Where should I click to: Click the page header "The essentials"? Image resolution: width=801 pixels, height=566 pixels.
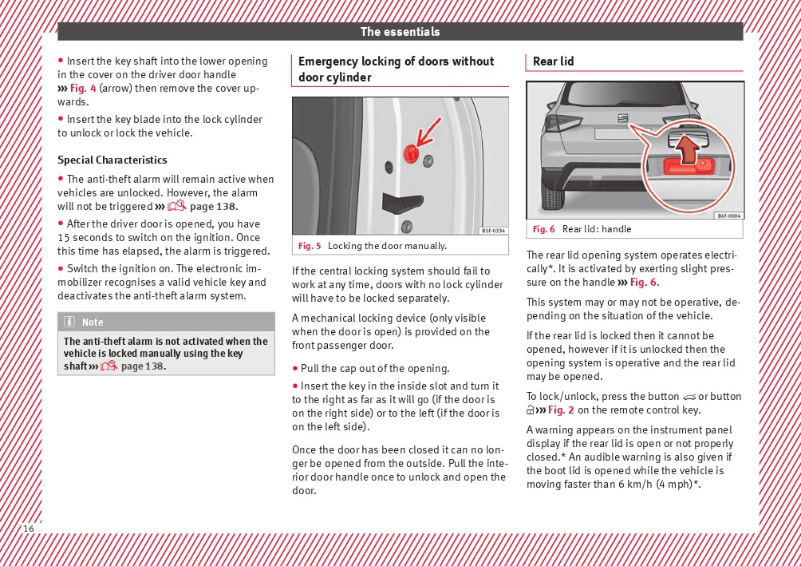tap(400, 32)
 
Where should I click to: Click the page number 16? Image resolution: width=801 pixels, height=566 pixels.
tap(29, 528)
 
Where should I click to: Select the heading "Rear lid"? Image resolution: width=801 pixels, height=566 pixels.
tap(553, 61)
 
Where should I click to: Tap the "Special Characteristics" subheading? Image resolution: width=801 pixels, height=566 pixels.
tap(112, 160)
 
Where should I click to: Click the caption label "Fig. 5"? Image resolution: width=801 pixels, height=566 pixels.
tap(310, 246)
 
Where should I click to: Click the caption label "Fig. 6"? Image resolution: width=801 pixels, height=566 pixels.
tap(544, 229)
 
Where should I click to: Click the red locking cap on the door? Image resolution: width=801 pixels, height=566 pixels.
tap(411, 154)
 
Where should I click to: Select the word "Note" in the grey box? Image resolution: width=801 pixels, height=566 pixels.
tap(93, 323)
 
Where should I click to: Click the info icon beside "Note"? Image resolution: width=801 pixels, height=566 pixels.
tap(69, 323)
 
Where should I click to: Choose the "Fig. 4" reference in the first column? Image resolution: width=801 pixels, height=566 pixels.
tap(83, 88)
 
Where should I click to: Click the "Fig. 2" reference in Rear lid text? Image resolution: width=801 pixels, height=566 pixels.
tap(561, 410)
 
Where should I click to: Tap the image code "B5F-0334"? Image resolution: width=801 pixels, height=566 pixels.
tap(493, 231)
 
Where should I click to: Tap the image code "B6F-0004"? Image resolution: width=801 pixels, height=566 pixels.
tap(728, 216)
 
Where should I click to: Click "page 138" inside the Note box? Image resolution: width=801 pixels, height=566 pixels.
tap(142, 366)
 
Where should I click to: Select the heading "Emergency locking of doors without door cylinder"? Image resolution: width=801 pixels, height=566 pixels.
tap(396, 69)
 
